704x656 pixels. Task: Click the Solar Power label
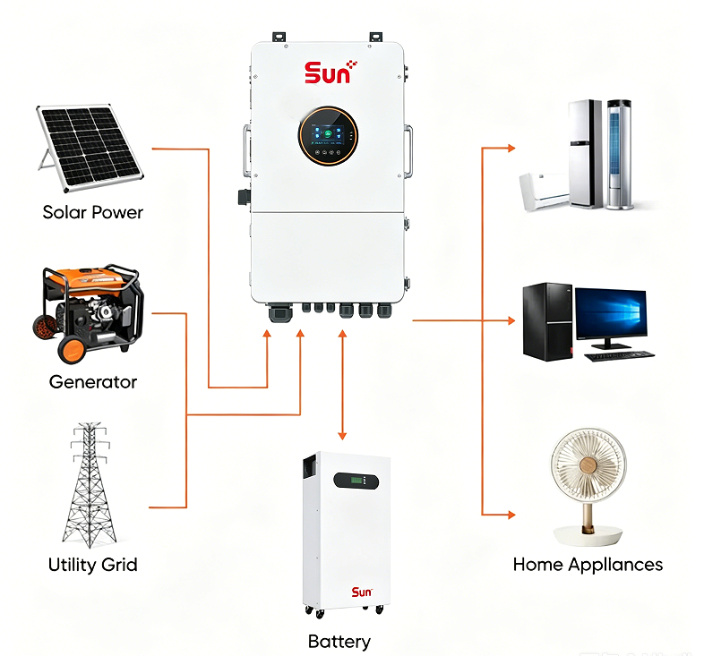click(93, 212)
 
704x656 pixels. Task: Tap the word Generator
click(93, 382)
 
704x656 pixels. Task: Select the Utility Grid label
click(93, 565)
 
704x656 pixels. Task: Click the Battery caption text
click(339, 642)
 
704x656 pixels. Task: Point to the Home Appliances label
click(588, 565)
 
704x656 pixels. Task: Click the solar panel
click(89, 147)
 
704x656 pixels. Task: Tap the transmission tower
click(90, 484)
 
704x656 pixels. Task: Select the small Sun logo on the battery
click(362, 592)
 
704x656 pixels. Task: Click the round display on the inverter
click(328, 135)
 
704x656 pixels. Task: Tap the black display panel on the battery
click(356, 481)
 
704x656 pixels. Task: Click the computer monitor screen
click(611, 313)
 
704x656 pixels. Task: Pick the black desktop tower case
click(548, 321)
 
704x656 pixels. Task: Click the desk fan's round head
click(588, 464)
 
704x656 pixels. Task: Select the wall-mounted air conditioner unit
click(545, 192)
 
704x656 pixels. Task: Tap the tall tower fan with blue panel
click(620, 155)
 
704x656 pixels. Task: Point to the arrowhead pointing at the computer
click(511, 320)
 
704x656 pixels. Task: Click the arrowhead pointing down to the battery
click(342, 436)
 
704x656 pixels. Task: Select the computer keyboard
click(620, 356)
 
